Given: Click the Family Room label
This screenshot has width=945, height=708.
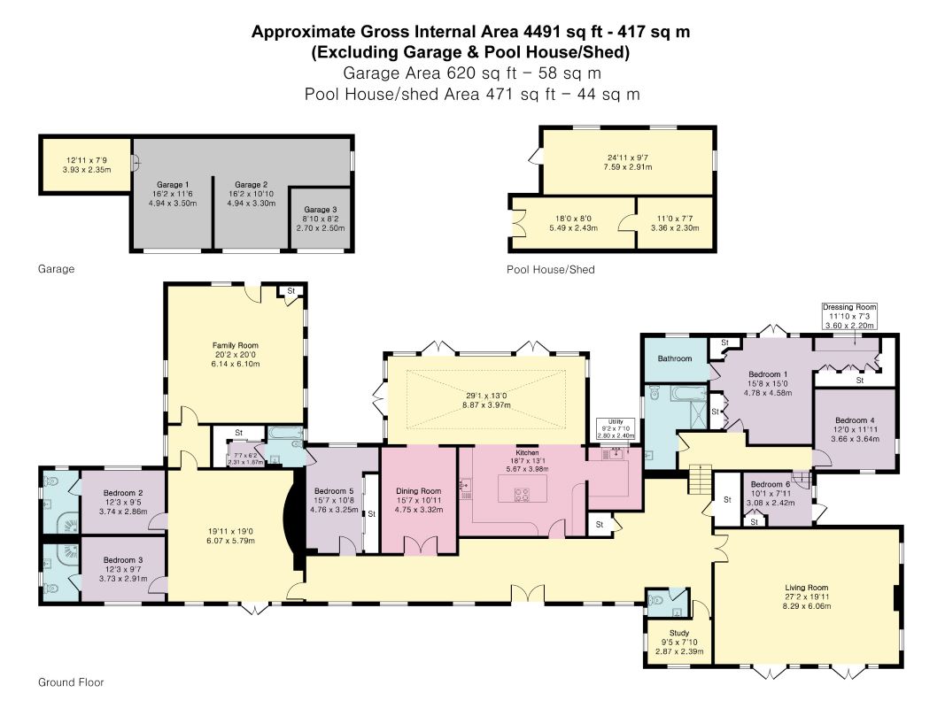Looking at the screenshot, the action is click(235, 345).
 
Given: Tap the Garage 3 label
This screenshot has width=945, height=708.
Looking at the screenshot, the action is click(321, 210).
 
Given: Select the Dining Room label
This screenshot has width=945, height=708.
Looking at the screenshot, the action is click(418, 491).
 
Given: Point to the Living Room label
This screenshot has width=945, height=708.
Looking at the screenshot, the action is click(806, 588).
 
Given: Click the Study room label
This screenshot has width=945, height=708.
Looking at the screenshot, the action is click(679, 634).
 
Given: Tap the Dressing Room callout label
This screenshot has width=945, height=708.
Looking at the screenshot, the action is click(849, 307).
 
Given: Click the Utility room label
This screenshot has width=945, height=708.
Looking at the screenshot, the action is click(616, 422).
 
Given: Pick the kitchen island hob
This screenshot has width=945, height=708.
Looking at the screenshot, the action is click(522, 495).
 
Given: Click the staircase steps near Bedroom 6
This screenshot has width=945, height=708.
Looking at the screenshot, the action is click(700, 479).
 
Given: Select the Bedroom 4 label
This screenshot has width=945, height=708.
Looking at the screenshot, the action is click(855, 421).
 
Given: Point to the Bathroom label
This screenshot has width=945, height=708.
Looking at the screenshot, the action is click(674, 358).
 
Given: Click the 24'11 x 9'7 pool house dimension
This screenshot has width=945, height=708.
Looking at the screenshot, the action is click(628, 158).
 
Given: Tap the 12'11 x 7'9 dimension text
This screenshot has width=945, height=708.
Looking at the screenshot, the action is click(87, 161).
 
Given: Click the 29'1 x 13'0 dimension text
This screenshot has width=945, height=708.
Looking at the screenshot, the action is click(486, 396).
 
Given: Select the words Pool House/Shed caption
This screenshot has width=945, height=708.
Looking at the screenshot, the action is click(550, 270).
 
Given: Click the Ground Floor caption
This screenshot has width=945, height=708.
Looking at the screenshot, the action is click(71, 682).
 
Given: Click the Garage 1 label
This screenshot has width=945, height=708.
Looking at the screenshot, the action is click(173, 185).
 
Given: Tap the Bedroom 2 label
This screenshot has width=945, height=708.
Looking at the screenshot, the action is click(123, 493).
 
